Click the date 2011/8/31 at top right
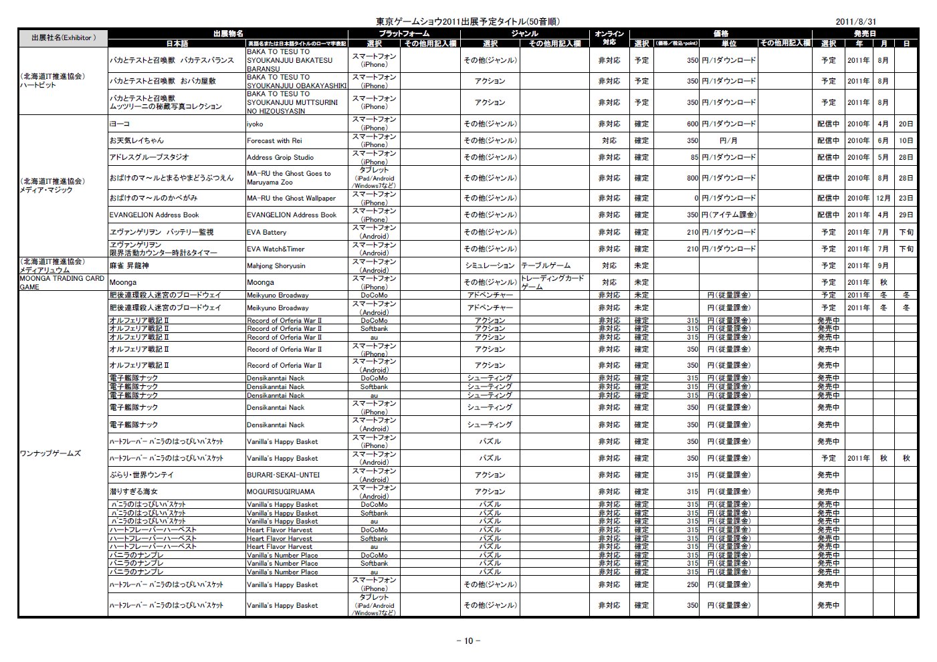(855, 21)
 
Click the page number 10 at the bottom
(468, 641)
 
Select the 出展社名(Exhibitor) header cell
(63, 38)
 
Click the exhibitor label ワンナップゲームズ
(50, 453)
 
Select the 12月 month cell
(883, 198)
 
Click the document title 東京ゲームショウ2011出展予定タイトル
(468, 21)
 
